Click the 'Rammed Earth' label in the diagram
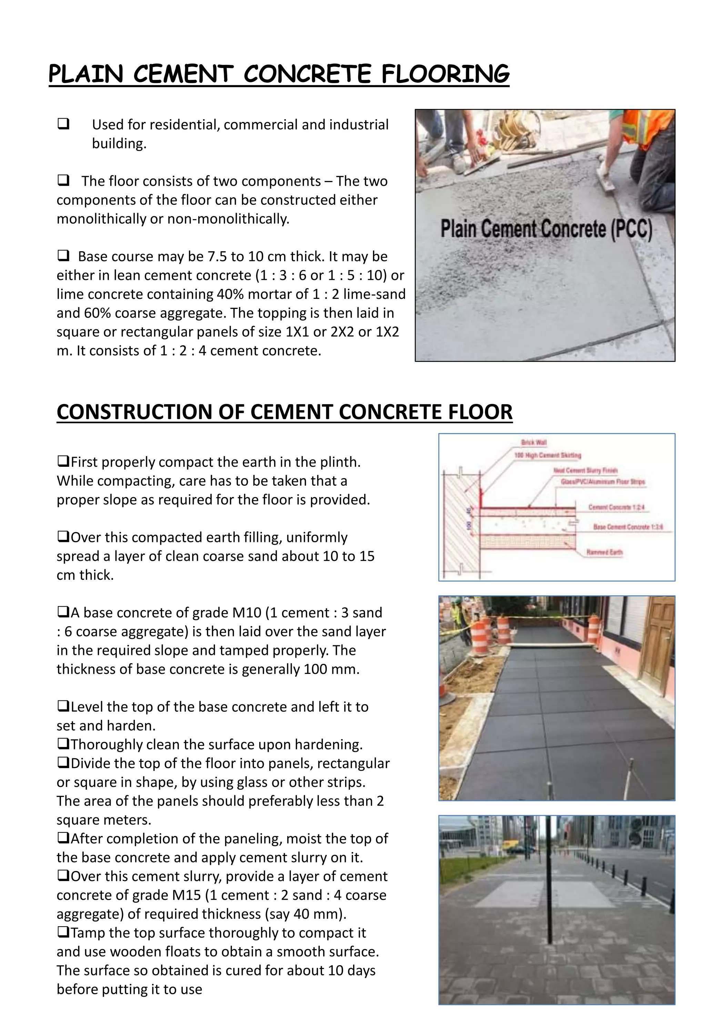[604, 552]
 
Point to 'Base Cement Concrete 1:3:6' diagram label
[628, 527]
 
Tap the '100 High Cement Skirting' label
[548, 455]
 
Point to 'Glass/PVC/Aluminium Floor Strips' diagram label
[603, 482]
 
